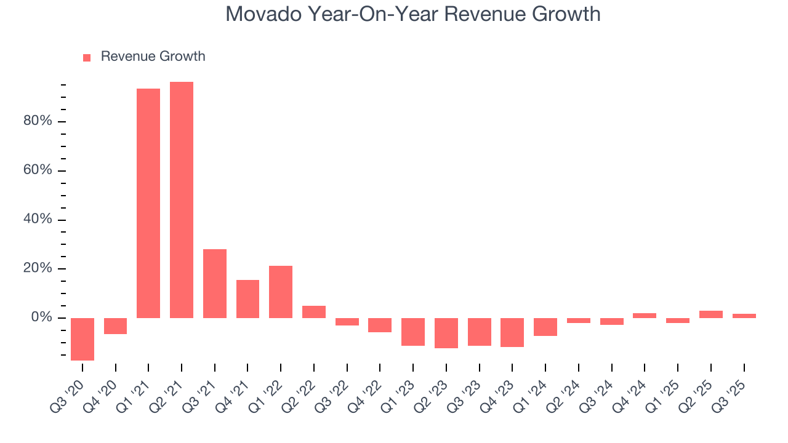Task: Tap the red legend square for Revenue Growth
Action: [x=87, y=57]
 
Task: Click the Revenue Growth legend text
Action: [x=153, y=57]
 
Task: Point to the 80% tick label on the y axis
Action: [x=38, y=121]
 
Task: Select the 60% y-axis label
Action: [x=38, y=170]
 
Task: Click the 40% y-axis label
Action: [x=38, y=220]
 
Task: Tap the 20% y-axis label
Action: [x=38, y=269]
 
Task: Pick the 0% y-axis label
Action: [x=41, y=317]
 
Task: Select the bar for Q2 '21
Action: [x=182, y=200]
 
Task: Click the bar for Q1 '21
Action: [x=148, y=203]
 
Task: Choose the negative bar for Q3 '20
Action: [x=82, y=339]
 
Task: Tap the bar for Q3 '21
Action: [x=215, y=284]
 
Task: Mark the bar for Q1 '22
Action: [x=281, y=292]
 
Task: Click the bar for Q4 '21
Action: [x=247, y=299]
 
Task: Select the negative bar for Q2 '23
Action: [x=446, y=333]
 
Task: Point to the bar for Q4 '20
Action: [x=115, y=326]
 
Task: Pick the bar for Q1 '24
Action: [x=545, y=327]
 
